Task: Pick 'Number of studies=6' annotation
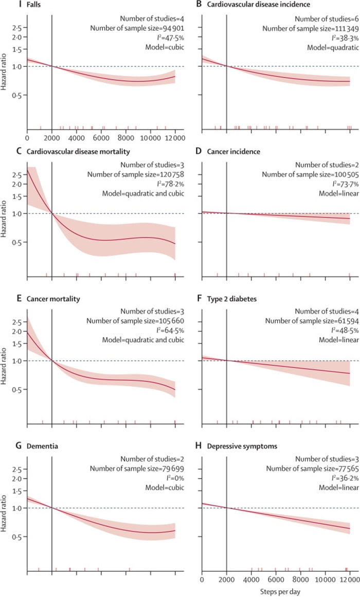(x=319, y=17)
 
